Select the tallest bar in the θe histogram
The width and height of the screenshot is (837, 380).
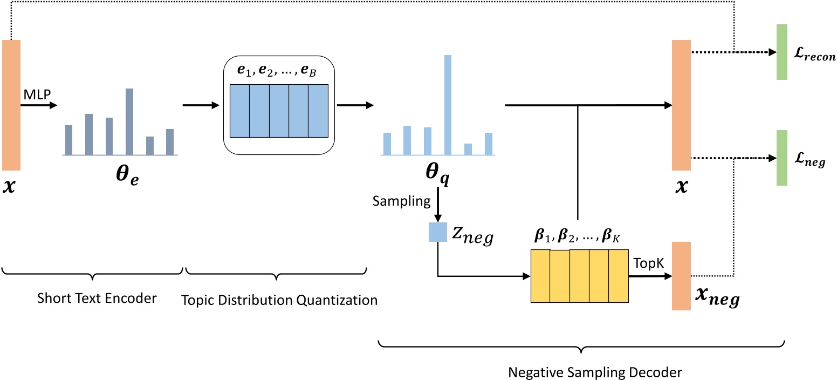[129, 121]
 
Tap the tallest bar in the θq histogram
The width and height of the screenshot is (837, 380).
[448, 105]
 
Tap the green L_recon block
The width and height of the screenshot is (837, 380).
[781, 52]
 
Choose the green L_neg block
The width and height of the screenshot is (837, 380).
[781, 158]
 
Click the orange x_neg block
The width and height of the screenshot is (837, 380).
[681, 276]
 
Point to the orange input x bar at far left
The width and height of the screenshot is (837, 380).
[11, 105]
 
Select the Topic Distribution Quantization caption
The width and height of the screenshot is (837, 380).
[278, 300]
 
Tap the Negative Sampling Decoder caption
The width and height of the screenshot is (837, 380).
[580, 371]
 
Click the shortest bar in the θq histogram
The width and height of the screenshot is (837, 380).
[468, 150]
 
